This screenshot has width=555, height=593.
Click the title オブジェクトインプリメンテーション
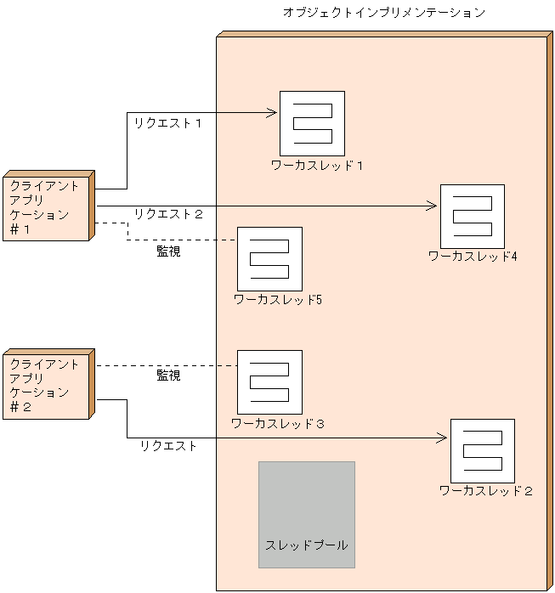pos(384,13)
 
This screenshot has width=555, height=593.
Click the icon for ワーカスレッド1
pos(312,123)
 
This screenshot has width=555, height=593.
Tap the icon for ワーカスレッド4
pos(472,216)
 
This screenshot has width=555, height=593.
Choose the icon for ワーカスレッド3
pos(269,382)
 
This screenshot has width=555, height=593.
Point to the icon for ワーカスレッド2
pos(482,450)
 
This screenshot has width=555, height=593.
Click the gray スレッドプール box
pos(307,515)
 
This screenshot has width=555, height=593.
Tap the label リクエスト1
pos(167,123)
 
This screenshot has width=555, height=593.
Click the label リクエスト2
pos(168,214)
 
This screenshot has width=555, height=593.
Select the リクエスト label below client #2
pos(168,445)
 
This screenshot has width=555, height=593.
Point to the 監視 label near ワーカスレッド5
pos(168,251)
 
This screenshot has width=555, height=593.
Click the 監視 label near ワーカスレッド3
pos(168,375)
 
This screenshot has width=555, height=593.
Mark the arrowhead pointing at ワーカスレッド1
pos(274,112)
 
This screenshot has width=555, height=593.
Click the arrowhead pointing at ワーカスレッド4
pos(433,206)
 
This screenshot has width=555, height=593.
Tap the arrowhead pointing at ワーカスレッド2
pos(442,438)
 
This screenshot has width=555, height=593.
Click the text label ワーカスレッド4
pos(473,256)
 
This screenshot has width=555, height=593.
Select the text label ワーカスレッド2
pos(485,490)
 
